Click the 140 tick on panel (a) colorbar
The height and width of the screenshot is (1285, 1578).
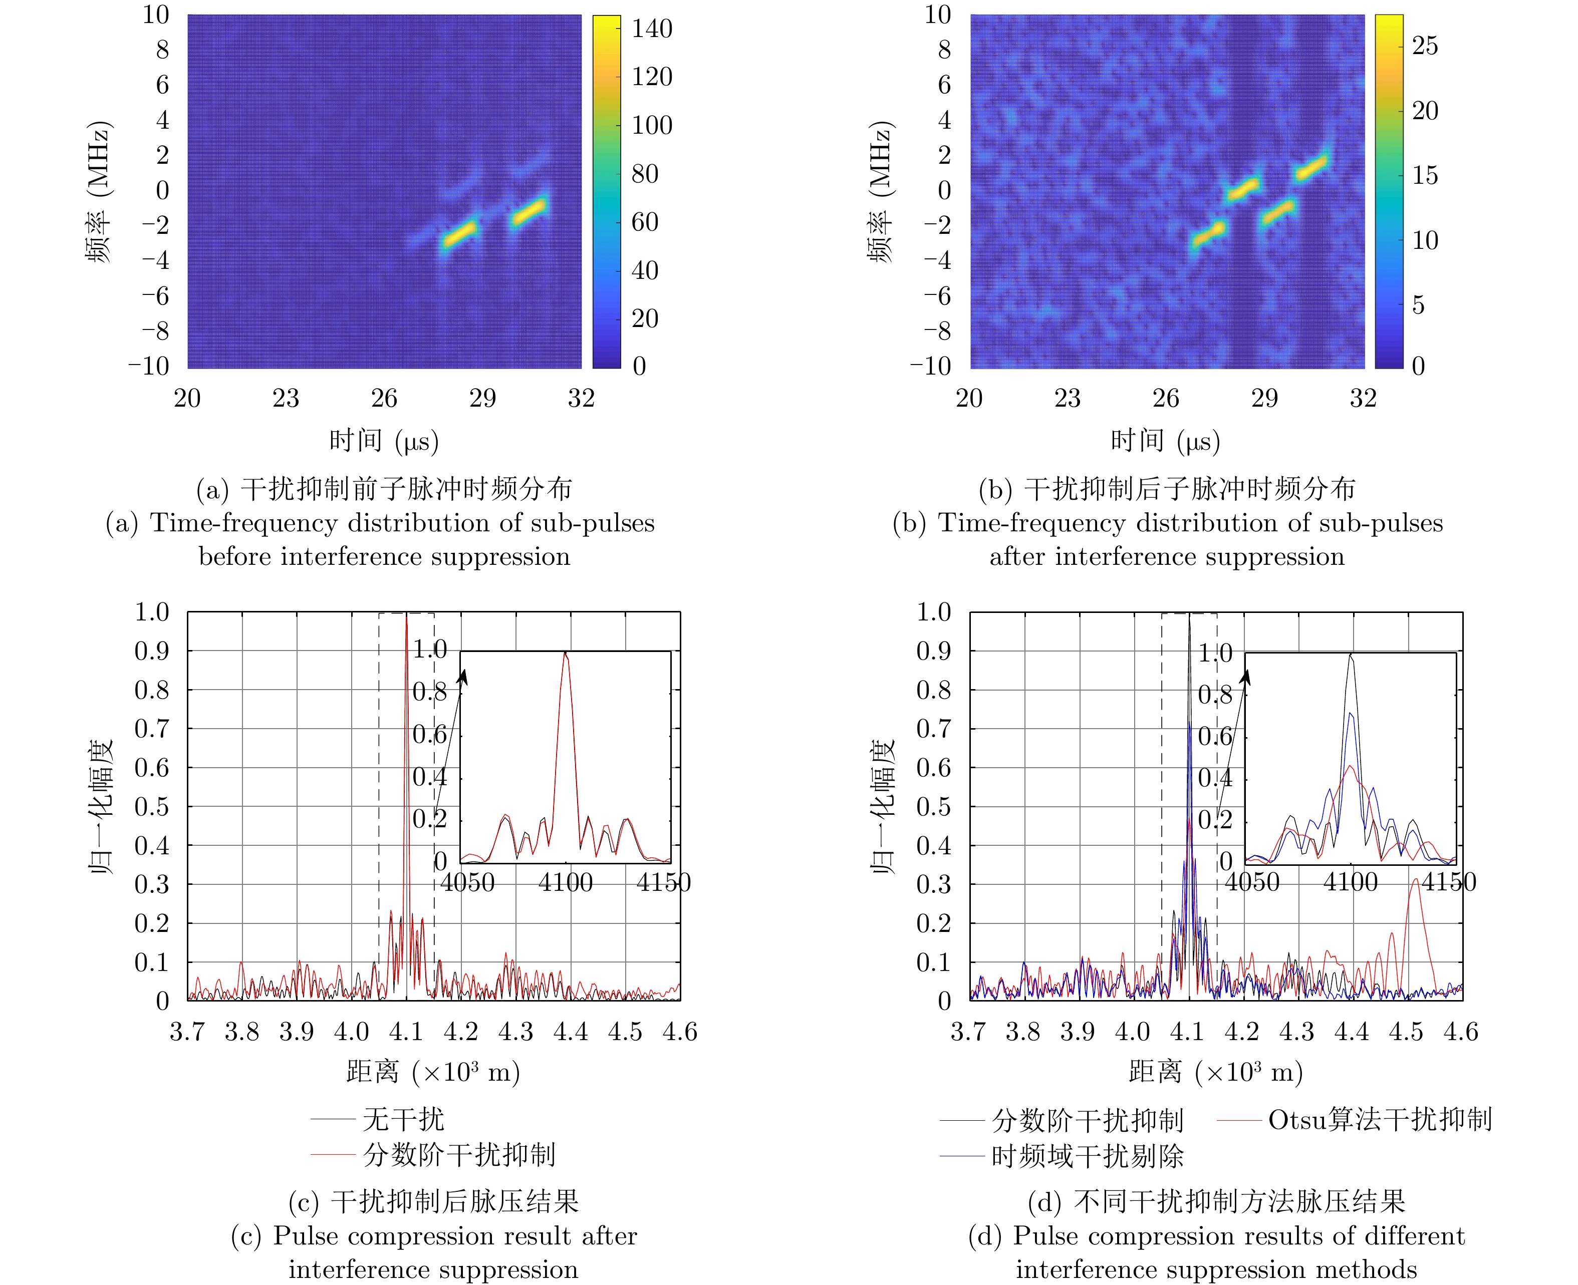[652, 29]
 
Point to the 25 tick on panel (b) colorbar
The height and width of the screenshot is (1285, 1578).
[1425, 46]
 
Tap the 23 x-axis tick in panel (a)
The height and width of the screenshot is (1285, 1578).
[286, 398]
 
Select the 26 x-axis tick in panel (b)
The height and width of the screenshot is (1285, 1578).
[1166, 398]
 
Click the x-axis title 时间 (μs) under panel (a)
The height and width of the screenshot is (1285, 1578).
[384, 441]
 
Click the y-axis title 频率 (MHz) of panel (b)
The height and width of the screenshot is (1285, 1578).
[881, 191]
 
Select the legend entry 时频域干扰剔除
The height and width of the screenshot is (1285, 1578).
[1087, 1155]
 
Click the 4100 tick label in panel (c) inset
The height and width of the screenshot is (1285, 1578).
[566, 882]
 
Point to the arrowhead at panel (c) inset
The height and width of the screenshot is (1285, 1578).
[464, 675]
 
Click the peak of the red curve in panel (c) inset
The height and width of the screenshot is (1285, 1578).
[566, 653]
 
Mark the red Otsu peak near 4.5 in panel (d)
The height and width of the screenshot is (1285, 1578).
[1415, 879]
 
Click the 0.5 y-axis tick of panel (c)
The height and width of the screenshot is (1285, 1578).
[152, 806]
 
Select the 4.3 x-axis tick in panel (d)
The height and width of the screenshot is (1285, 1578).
[1296, 1032]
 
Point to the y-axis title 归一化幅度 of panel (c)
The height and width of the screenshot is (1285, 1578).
[101, 806]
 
